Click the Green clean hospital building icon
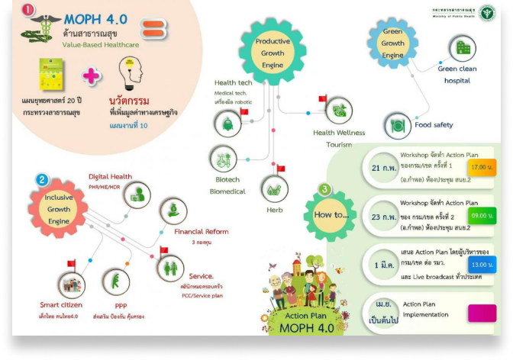click(x=461, y=48)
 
